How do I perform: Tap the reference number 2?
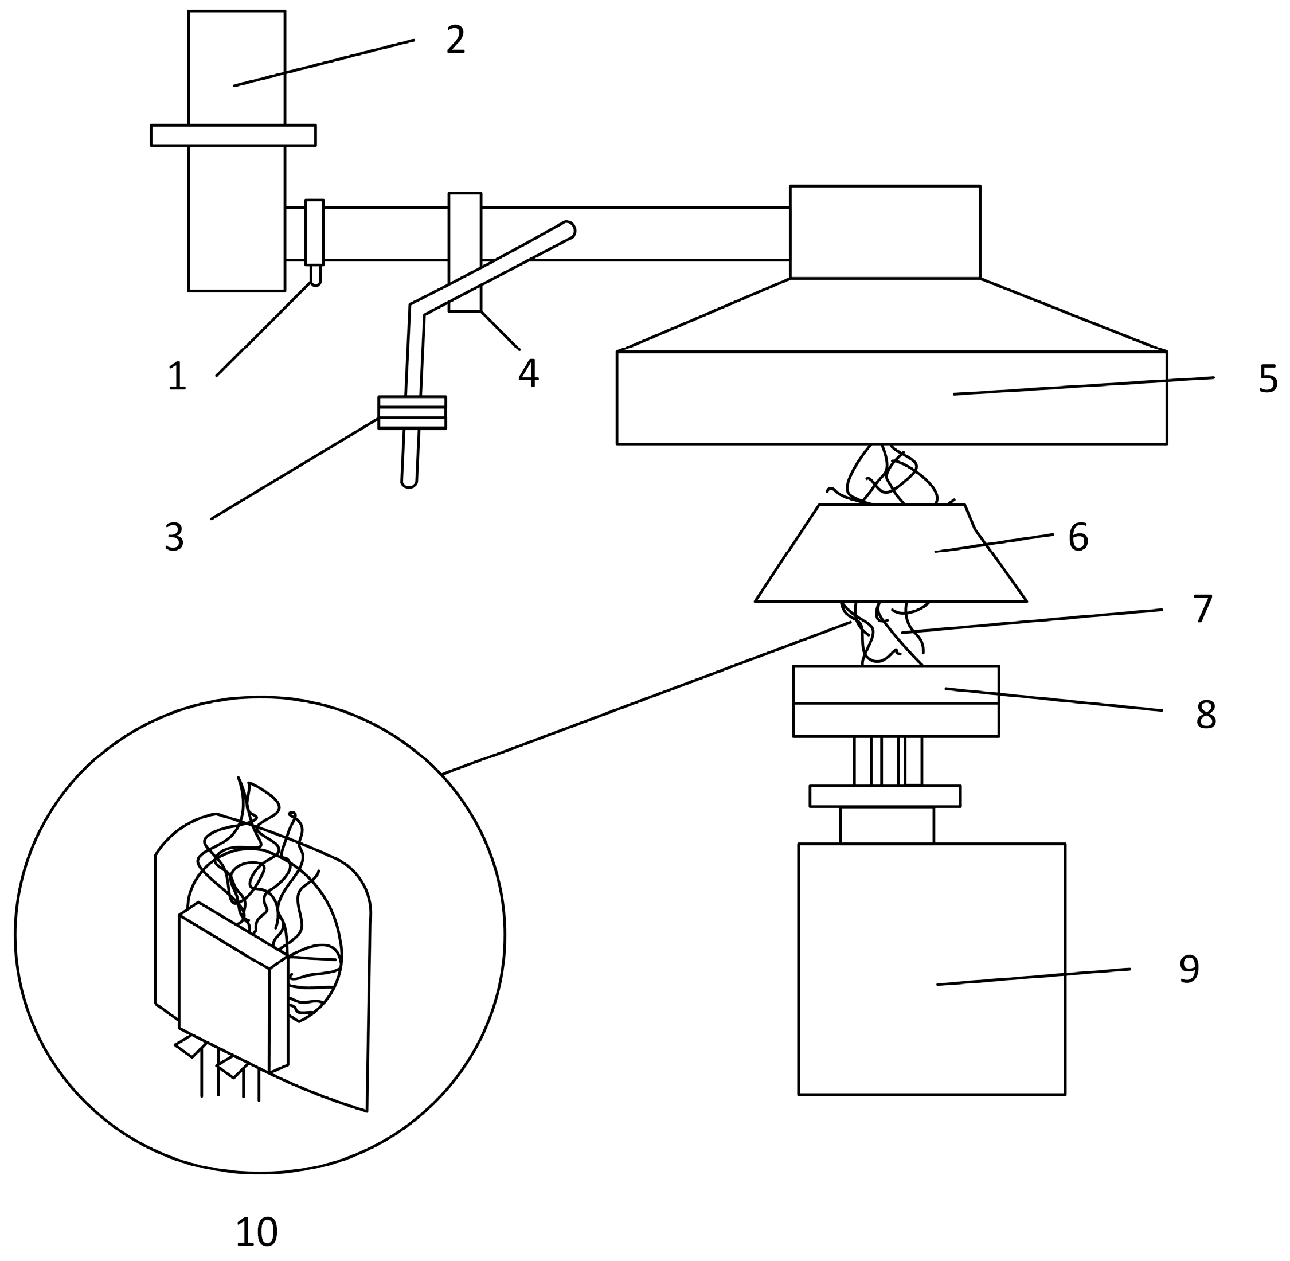click(x=456, y=41)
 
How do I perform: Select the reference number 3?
click(x=174, y=537)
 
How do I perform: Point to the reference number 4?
click(x=529, y=373)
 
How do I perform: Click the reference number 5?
click(x=1268, y=380)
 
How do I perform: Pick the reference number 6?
click(x=1078, y=537)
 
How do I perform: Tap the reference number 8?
click(x=1206, y=715)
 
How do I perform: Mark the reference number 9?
click(x=1189, y=970)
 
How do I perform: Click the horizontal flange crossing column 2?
click(x=233, y=135)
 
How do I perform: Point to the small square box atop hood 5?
click(x=885, y=232)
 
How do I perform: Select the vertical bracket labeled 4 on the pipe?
click(x=465, y=252)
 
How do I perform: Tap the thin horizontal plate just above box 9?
click(x=885, y=795)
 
